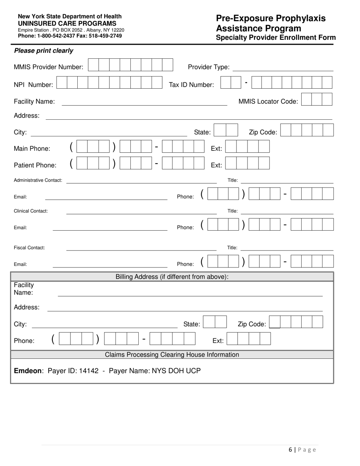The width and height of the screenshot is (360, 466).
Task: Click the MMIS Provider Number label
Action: pos(49,67)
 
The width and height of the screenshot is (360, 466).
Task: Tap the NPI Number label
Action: pos(33,85)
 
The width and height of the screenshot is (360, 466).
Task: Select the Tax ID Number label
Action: pos(191,85)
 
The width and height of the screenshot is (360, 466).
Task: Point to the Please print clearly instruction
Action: pos(44,51)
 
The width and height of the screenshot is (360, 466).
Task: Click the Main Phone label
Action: pos(32,149)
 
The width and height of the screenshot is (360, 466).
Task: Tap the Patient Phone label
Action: pos(35,165)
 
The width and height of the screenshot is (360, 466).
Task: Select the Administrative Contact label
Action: pos(38,180)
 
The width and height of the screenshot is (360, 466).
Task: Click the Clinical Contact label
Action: pos(31,211)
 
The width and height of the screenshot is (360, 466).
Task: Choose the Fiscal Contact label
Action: pos(29,248)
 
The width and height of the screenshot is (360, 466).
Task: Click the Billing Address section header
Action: pos(172,277)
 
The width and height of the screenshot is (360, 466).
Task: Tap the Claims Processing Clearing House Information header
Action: pos(172,355)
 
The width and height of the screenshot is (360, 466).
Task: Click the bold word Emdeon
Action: pos(28,371)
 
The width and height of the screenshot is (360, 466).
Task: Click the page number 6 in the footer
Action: pos(290,450)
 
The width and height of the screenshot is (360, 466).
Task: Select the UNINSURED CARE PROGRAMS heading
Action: pos(67,23)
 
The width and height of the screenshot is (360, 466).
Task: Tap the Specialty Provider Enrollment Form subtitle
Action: pos(275,38)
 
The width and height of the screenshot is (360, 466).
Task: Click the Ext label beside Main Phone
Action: pos(216,149)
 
